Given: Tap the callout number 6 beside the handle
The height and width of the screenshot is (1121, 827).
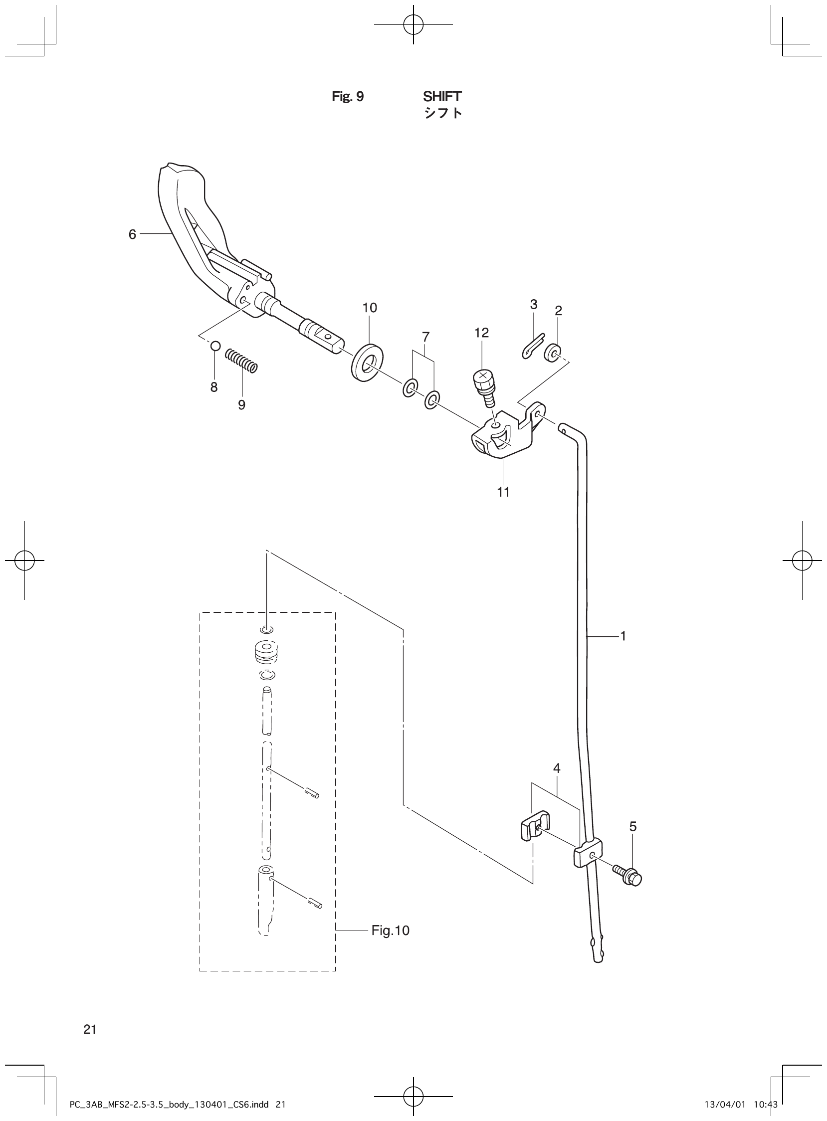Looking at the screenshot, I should click(132, 234).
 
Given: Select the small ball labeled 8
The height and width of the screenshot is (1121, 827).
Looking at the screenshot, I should click(215, 345).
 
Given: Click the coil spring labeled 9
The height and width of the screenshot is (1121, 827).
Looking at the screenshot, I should click(241, 361).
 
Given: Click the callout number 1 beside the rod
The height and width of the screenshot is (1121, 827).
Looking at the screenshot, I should click(623, 636).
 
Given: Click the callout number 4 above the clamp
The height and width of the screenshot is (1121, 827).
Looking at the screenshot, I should click(557, 768).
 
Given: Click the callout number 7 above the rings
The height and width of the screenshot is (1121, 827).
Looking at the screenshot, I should click(425, 336).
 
